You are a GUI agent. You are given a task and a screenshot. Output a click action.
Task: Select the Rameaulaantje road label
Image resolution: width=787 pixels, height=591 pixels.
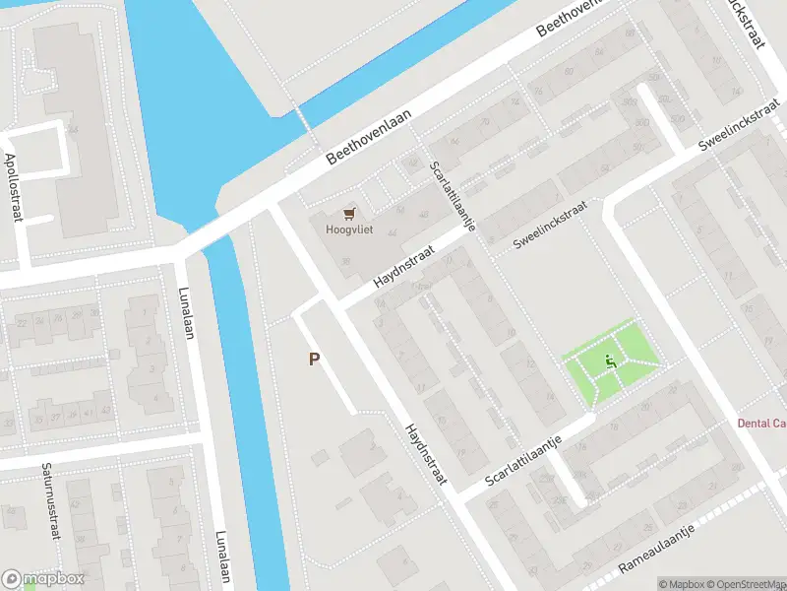pyautogui.click(x=656, y=549)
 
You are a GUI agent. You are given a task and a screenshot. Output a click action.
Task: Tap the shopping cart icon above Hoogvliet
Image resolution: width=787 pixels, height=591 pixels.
pyautogui.click(x=348, y=213)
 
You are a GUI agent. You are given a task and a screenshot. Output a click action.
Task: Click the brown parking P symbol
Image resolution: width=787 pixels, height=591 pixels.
pyautogui.click(x=314, y=360)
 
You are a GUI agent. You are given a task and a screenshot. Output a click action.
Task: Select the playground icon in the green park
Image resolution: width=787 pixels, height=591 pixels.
pyautogui.click(x=611, y=361)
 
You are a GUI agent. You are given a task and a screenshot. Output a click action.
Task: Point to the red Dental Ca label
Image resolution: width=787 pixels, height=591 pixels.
pyautogui.click(x=761, y=424)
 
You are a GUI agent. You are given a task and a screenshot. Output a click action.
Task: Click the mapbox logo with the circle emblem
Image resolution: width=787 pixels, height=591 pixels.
pyautogui.click(x=43, y=579)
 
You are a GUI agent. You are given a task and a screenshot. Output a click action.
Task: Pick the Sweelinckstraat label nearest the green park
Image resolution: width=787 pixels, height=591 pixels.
pyautogui.click(x=550, y=226)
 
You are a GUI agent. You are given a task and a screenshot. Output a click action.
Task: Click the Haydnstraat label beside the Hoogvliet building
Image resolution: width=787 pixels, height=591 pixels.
pyautogui.click(x=404, y=265)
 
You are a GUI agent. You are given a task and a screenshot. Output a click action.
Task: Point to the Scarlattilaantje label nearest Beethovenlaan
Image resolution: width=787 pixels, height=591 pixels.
pyautogui.click(x=454, y=195)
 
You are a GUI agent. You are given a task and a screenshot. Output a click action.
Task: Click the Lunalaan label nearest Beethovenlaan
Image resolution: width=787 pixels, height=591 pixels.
pyautogui.click(x=185, y=312)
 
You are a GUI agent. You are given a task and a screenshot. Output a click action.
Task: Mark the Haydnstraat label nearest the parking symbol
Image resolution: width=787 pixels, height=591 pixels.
pyautogui.click(x=426, y=455)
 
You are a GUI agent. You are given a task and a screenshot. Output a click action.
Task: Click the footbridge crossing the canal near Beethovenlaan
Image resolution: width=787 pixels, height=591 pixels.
pyautogui.click(x=304, y=119)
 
